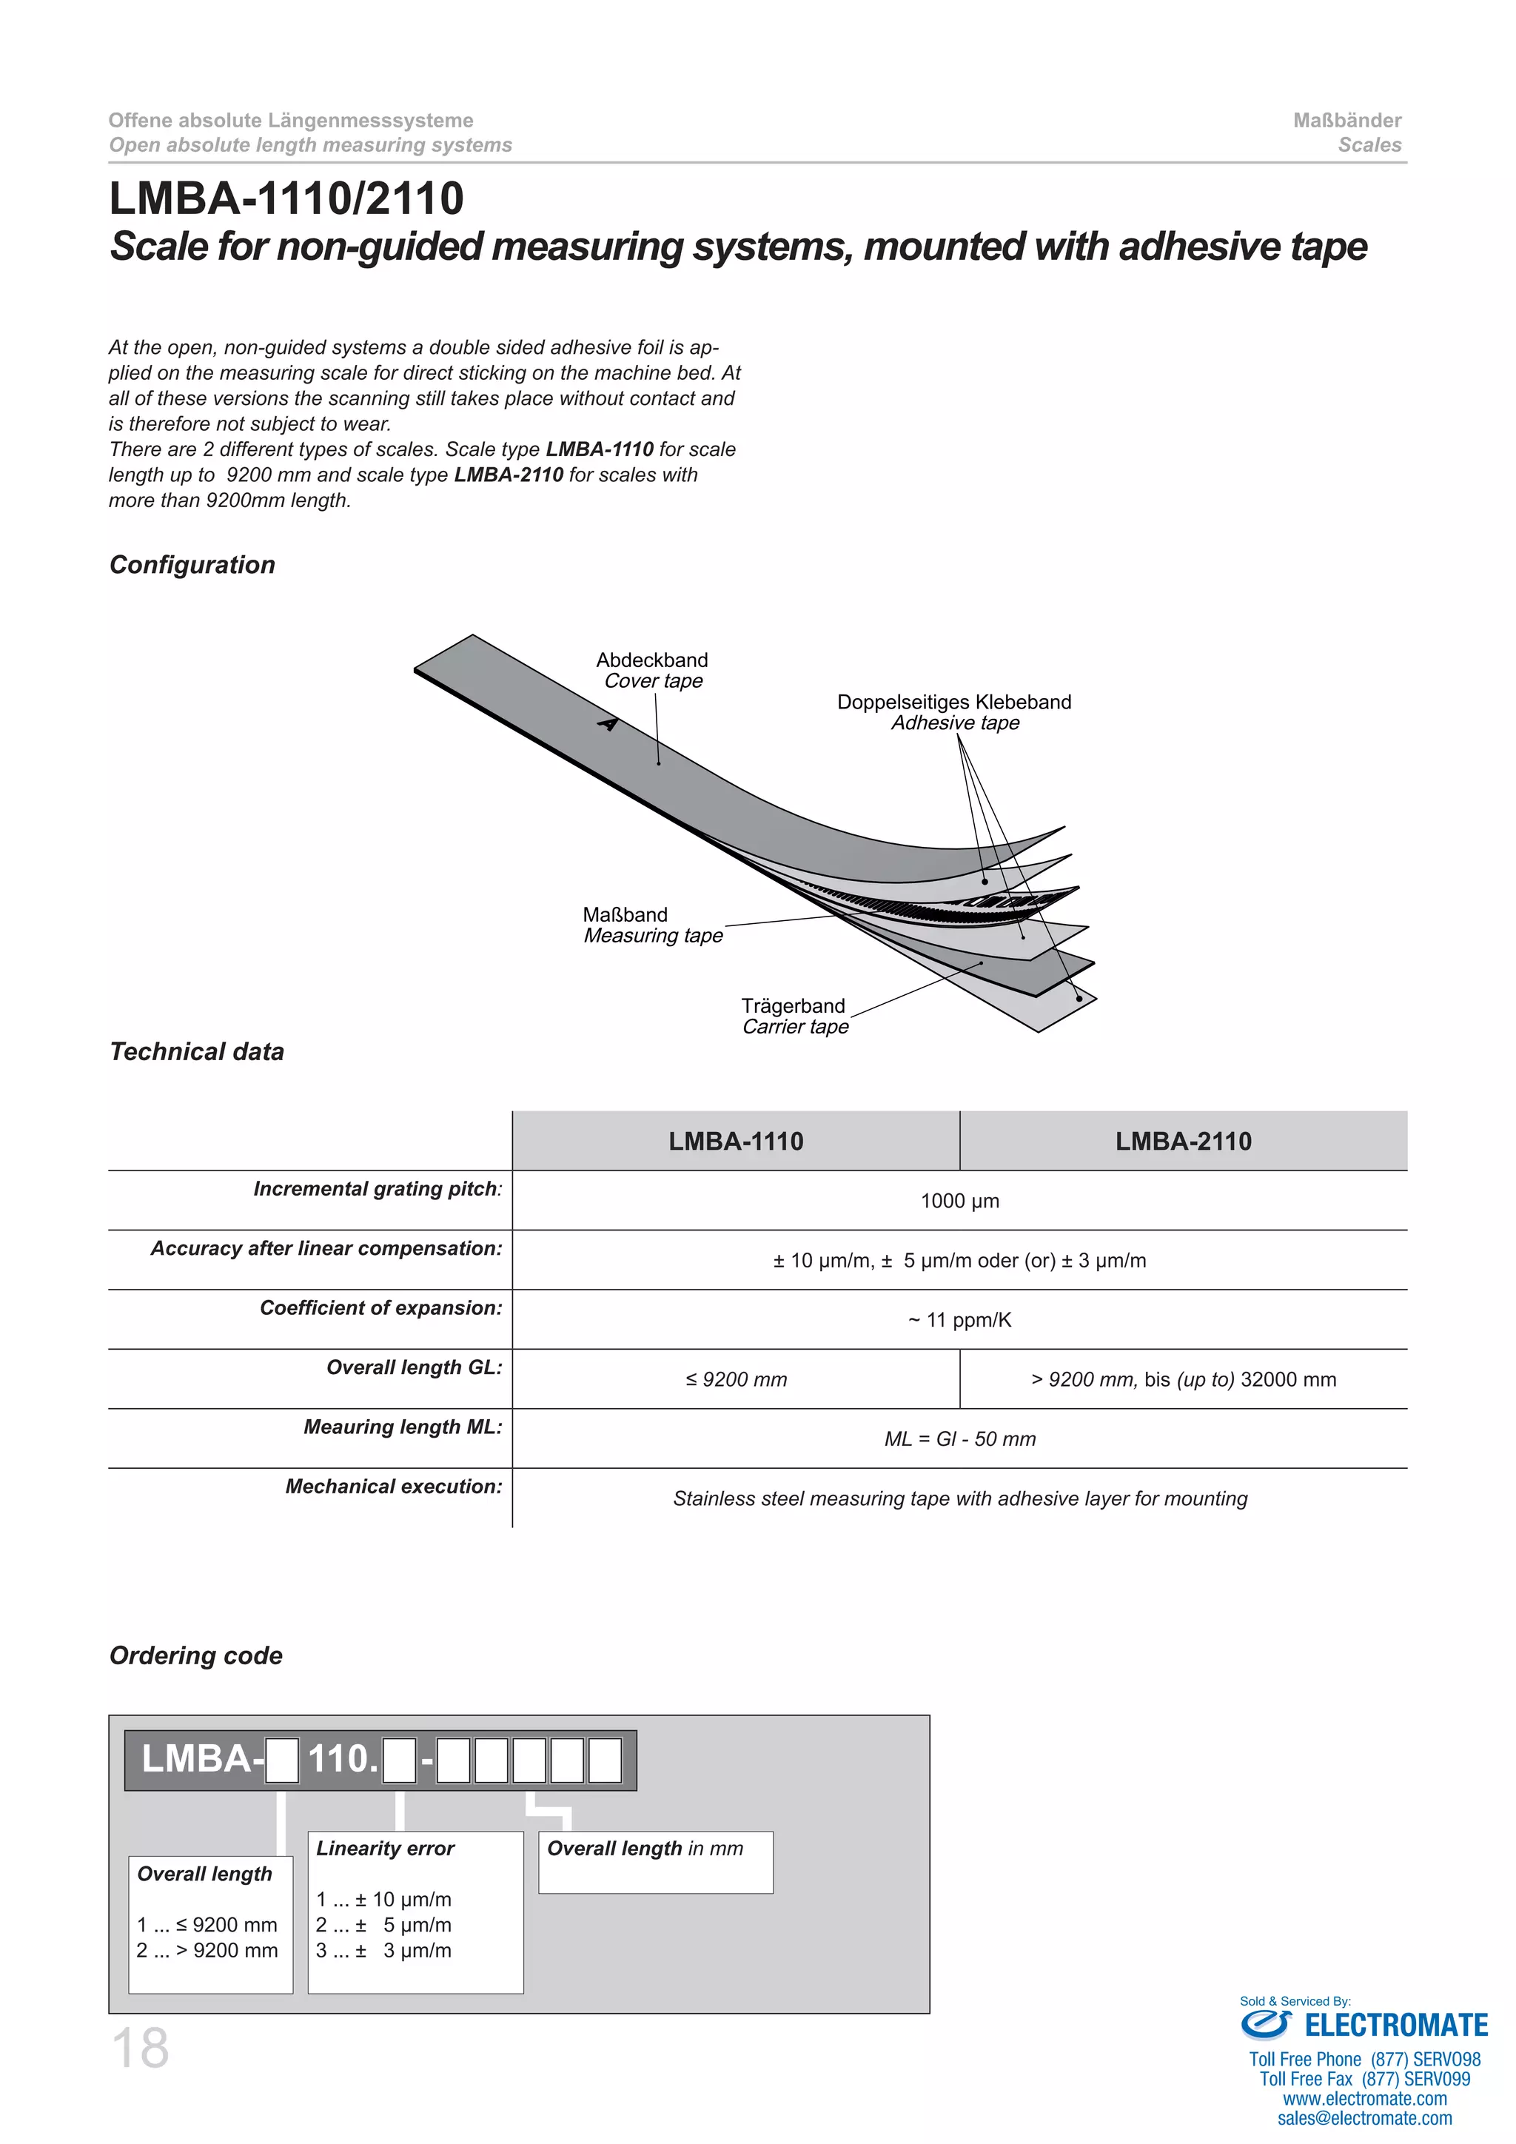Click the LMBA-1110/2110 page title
[286, 199]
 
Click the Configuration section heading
[192, 565]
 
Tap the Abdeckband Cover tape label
[651, 671]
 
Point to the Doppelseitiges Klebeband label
[953, 703]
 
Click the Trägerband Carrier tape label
[794, 1016]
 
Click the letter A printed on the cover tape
[608, 724]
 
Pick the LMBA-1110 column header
[736, 1141]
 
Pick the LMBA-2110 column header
[1183, 1141]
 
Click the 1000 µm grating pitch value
[959, 1201]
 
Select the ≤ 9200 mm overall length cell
[736, 1379]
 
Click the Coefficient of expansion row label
[381, 1308]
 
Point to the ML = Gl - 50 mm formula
[959, 1439]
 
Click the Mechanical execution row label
[393, 1487]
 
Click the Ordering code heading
[196, 1655]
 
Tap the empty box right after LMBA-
[282, 1761]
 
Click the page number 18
[140, 2048]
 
